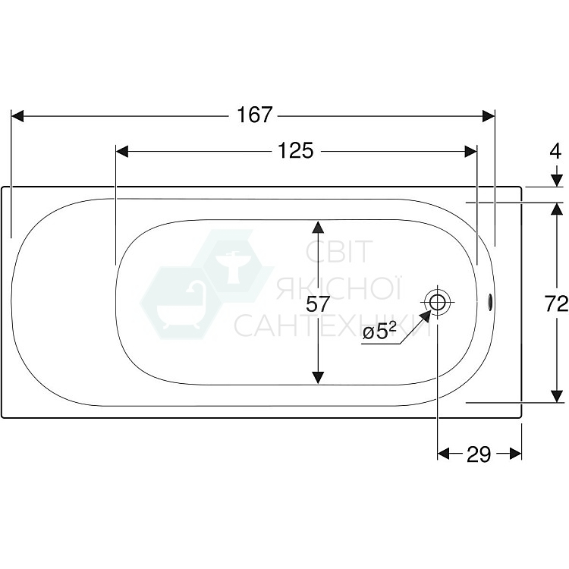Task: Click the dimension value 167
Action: click(253, 115)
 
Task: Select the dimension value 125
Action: click(295, 151)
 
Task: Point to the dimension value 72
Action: click(556, 304)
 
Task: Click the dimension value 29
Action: click(478, 454)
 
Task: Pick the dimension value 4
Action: click(556, 151)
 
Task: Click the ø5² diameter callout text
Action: click(379, 332)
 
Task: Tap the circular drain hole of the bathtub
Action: click(438, 301)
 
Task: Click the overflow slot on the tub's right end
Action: click(489, 302)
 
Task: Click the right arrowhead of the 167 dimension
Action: click(488, 115)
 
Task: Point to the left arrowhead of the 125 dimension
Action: click(122, 151)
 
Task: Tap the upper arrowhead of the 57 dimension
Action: click(318, 227)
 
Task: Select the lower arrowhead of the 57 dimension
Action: click(318, 376)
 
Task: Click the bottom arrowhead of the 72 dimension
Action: click(557, 395)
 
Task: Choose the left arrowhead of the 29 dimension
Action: click(445, 454)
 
